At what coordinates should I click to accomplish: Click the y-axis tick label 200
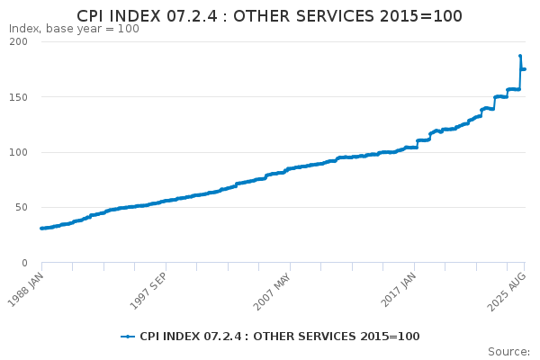point(18,41)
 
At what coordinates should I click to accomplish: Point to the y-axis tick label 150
point(18,97)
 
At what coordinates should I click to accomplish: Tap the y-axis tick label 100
point(18,152)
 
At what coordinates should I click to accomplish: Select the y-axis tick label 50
point(22,207)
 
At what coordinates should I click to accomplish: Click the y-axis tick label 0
point(24,263)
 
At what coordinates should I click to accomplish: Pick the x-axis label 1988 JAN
point(26,290)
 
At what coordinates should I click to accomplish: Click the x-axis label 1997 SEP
point(148,291)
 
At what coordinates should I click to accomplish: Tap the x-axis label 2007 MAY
point(273,292)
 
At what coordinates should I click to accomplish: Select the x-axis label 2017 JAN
point(399,290)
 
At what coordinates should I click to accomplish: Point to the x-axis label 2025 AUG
point(507,292)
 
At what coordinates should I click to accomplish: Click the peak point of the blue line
point(520,56)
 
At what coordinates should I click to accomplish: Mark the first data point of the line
point(41,229)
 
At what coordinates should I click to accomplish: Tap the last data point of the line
point(525,69)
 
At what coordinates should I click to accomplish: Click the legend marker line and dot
point(128,337)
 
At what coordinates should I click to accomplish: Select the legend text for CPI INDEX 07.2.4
point(280,337)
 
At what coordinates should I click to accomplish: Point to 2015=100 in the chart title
point(421,16)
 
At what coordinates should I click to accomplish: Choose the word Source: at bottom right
point(509,352)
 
